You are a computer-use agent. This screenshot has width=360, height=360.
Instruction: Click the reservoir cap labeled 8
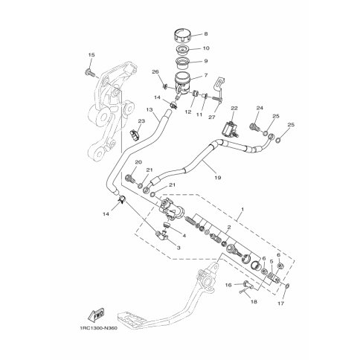click(x=181, y=36)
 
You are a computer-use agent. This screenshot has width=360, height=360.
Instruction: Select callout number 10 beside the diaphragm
click(x=206, y=48)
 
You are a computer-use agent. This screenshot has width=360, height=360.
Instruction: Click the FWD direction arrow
click(x=96, y=315)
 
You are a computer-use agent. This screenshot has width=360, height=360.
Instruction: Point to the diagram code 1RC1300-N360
click(x=98, y=328)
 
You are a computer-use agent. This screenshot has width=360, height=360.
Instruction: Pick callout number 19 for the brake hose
click(x=218, y=178)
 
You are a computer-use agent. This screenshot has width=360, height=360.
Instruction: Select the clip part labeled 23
click(x=135, y=135)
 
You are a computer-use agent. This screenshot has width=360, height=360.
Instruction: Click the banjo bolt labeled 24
click(x=254, y=127)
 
